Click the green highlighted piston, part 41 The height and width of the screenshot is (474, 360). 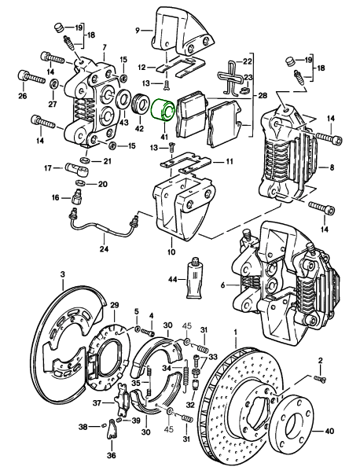point(163,111)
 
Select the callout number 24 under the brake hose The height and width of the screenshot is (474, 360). point(104,250)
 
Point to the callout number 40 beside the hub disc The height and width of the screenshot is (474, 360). point(329,431)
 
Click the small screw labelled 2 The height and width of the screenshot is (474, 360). point(321,378)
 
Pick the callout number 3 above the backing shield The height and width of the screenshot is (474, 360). point(63,274)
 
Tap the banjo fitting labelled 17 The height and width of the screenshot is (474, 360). point(77,168)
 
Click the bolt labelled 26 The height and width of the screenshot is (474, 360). point(31,77)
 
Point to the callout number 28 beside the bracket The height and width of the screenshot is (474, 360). point(263,96)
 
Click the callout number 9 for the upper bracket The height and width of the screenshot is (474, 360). point(138,30)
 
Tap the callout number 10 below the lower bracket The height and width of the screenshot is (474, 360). point(171,252)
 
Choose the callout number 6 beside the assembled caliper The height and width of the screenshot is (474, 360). point(223,285)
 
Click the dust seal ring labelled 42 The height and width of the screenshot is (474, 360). point(140,105)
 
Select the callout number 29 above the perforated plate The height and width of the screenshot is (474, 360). point(115,304)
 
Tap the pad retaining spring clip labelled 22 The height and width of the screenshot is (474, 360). point(231,77)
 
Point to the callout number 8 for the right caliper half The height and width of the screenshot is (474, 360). point(332,167)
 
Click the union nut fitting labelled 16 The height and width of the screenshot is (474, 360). point(77,197)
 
